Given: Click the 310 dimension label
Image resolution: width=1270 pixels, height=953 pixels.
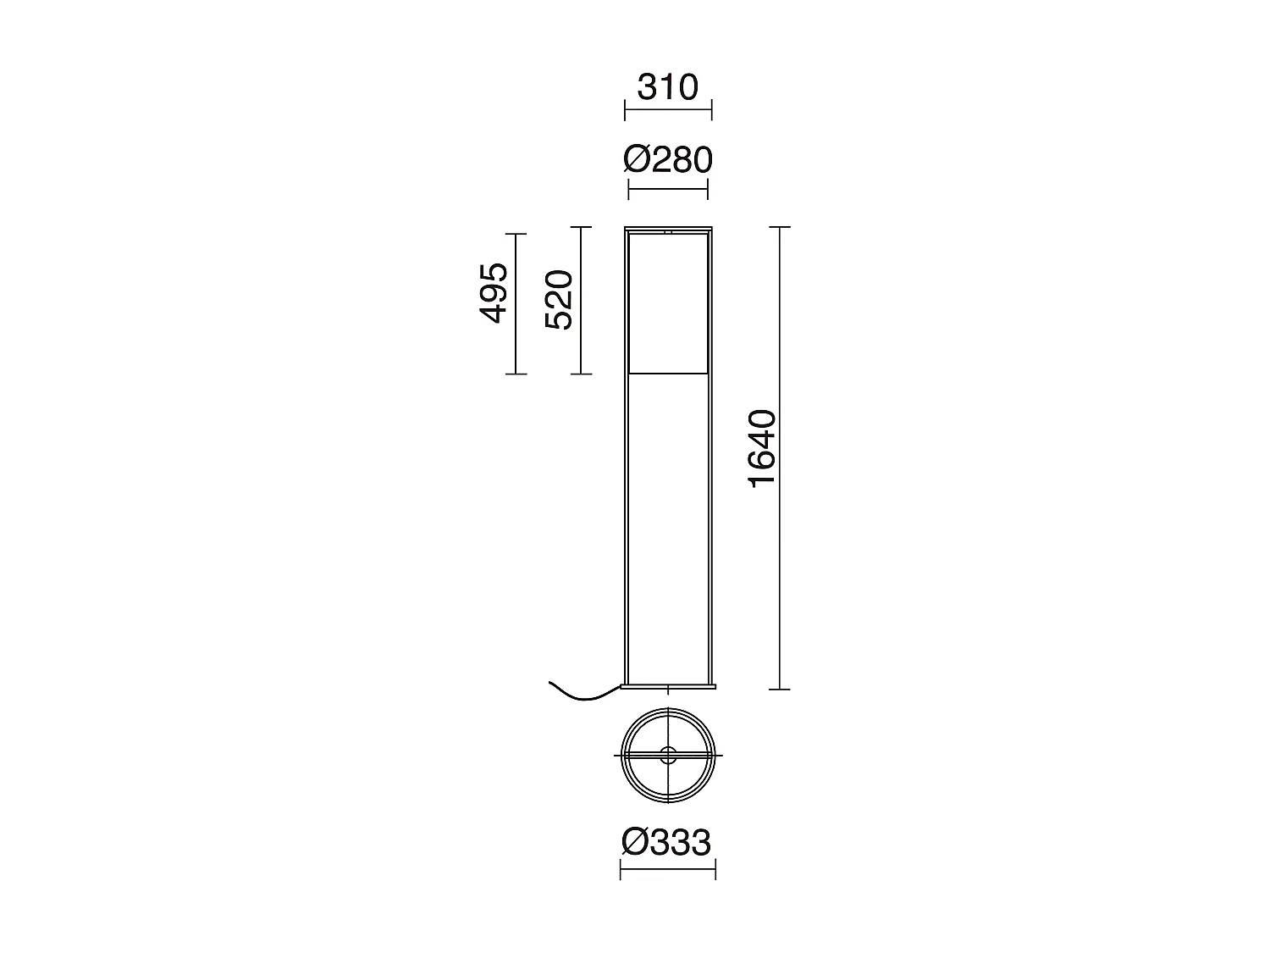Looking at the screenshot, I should point(667,86).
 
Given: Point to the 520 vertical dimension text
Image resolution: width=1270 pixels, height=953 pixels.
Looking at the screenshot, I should point(560,300).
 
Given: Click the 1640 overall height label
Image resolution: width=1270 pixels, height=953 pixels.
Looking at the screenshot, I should point(762,448).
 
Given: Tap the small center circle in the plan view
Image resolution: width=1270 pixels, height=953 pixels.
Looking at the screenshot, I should point(668,756).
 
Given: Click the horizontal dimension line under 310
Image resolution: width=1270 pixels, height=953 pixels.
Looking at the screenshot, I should point(668,109).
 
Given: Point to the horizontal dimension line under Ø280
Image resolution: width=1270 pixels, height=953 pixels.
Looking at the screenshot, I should point(668,189).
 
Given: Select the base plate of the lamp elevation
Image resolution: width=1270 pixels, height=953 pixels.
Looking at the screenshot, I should point(668,686).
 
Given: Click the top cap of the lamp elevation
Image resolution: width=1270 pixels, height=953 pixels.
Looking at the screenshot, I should point(668,230).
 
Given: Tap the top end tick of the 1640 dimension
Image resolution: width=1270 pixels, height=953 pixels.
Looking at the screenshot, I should point(780,227).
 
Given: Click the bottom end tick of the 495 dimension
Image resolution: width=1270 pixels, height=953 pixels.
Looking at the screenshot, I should point(516,374).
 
